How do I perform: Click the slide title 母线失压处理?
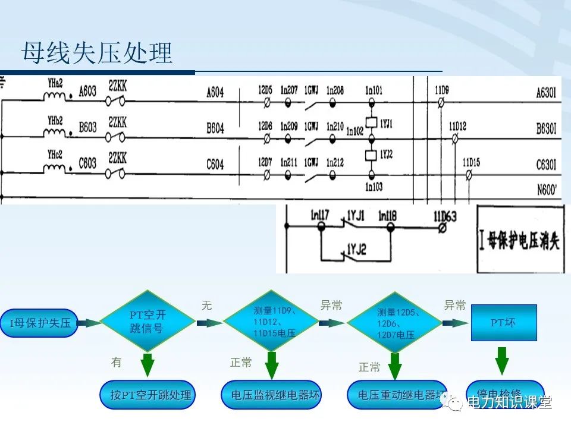97,53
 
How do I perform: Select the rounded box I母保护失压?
40,323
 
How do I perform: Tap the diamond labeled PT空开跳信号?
146,322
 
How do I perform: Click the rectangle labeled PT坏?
503,323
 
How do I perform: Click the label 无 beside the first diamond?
206,306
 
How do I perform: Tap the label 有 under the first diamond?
117,362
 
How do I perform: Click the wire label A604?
215,92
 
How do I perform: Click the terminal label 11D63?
444,217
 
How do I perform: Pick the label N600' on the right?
548,191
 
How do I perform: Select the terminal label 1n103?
374,187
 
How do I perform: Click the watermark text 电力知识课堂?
509,402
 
